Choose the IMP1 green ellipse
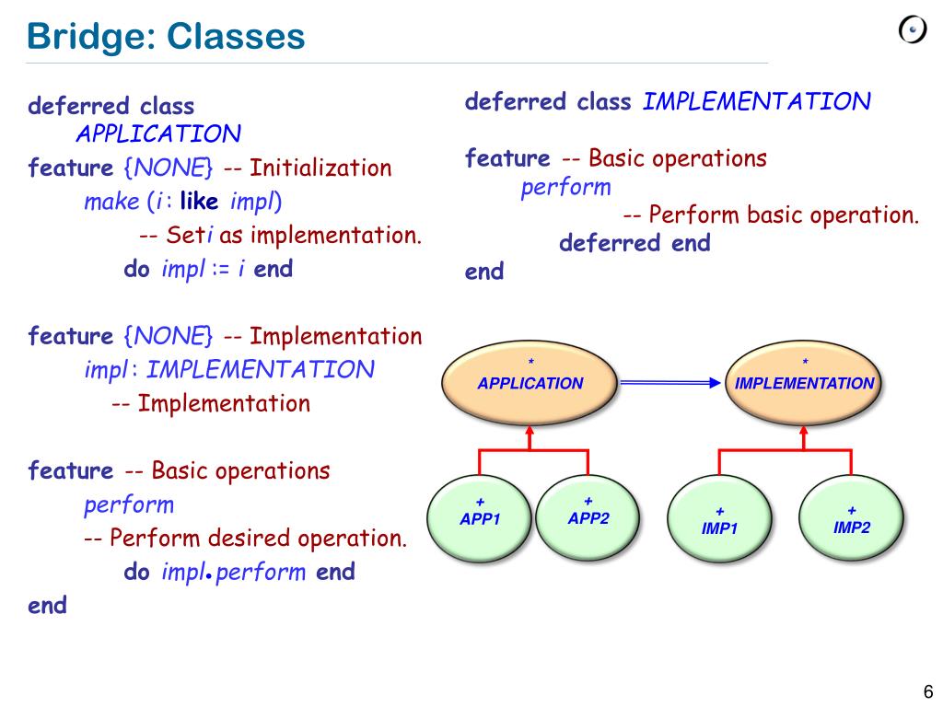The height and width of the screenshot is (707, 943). [x=719, y=520]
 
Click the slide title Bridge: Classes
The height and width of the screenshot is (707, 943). [x=166, y=37]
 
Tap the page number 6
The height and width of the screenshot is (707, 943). [x=927, y=692]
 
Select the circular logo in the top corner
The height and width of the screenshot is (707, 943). [x=912, y=30]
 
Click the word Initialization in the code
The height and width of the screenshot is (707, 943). [x=320, y=168]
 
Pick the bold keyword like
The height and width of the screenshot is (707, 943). [x=199, y=201]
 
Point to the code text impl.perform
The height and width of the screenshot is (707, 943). [x=233, y=572]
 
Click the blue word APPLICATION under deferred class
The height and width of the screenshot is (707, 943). [x=157, y=134]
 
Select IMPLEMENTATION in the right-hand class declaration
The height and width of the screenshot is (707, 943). [x=755, y=101]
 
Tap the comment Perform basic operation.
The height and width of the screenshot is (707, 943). [x=783, y=215]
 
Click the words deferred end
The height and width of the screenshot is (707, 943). [x=634, y=243]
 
